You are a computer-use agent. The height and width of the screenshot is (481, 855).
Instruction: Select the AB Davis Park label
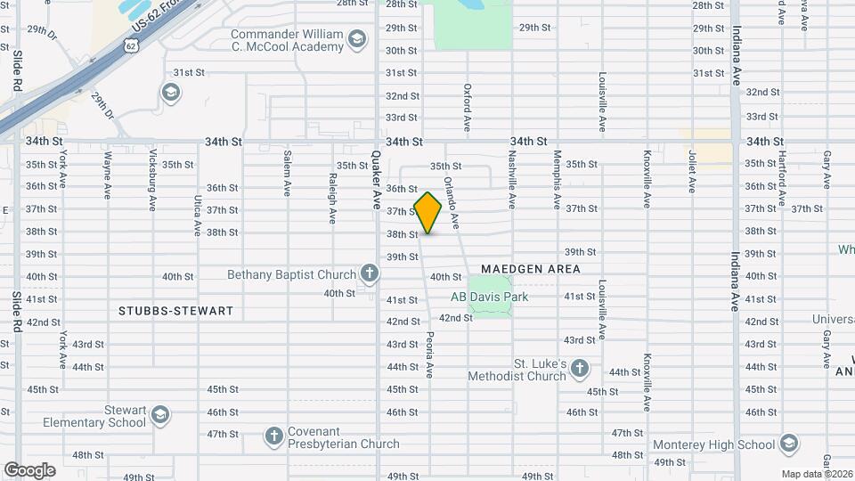pyautogui.click(x=489, y=297)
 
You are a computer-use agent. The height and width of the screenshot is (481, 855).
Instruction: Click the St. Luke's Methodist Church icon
pyautogui.click(x=580, y=368)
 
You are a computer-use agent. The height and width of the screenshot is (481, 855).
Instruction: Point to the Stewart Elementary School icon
pyautogui.click(x=159, y=414)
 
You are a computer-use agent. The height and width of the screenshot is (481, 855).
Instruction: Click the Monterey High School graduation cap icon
pyautogui.click(x=788, y=444)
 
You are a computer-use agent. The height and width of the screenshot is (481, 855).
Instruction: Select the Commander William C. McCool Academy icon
pyautogui.click(x=356, y=39)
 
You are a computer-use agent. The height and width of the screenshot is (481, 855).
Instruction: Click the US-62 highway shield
pyautogui.click(x=131, y=45)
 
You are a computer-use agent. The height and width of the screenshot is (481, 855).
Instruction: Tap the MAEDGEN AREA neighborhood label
pyautogui.click(x=531, y=268)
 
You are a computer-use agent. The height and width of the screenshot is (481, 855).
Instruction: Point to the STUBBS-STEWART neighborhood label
pyautogui.click(x=175, y=311)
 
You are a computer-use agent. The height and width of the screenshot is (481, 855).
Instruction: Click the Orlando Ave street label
pyautogui.click(x=451, y=200)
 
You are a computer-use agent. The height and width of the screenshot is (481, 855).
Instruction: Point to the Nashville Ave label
pyautogui.click(x=512, y=183)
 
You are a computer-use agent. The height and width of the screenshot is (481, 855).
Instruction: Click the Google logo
pyautogui.click(x=29, y=469)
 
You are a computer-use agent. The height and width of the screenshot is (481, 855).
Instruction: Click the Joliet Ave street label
pyautogui.click(x=691, y=172)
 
